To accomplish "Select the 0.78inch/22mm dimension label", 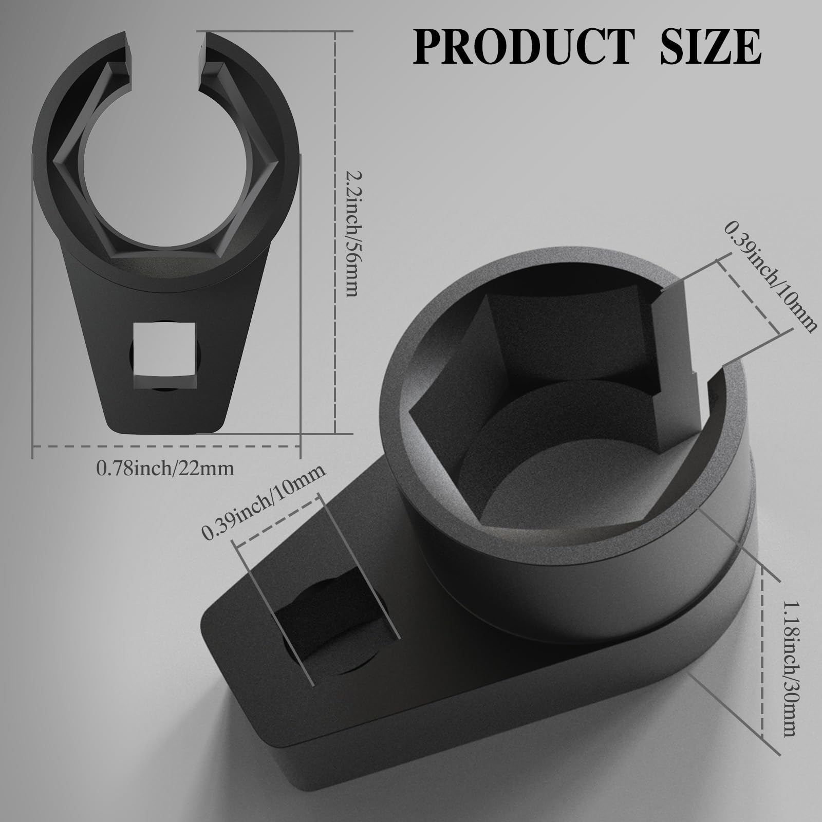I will tap(165, 468).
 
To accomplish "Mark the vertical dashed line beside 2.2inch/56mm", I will tap(335, 231).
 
